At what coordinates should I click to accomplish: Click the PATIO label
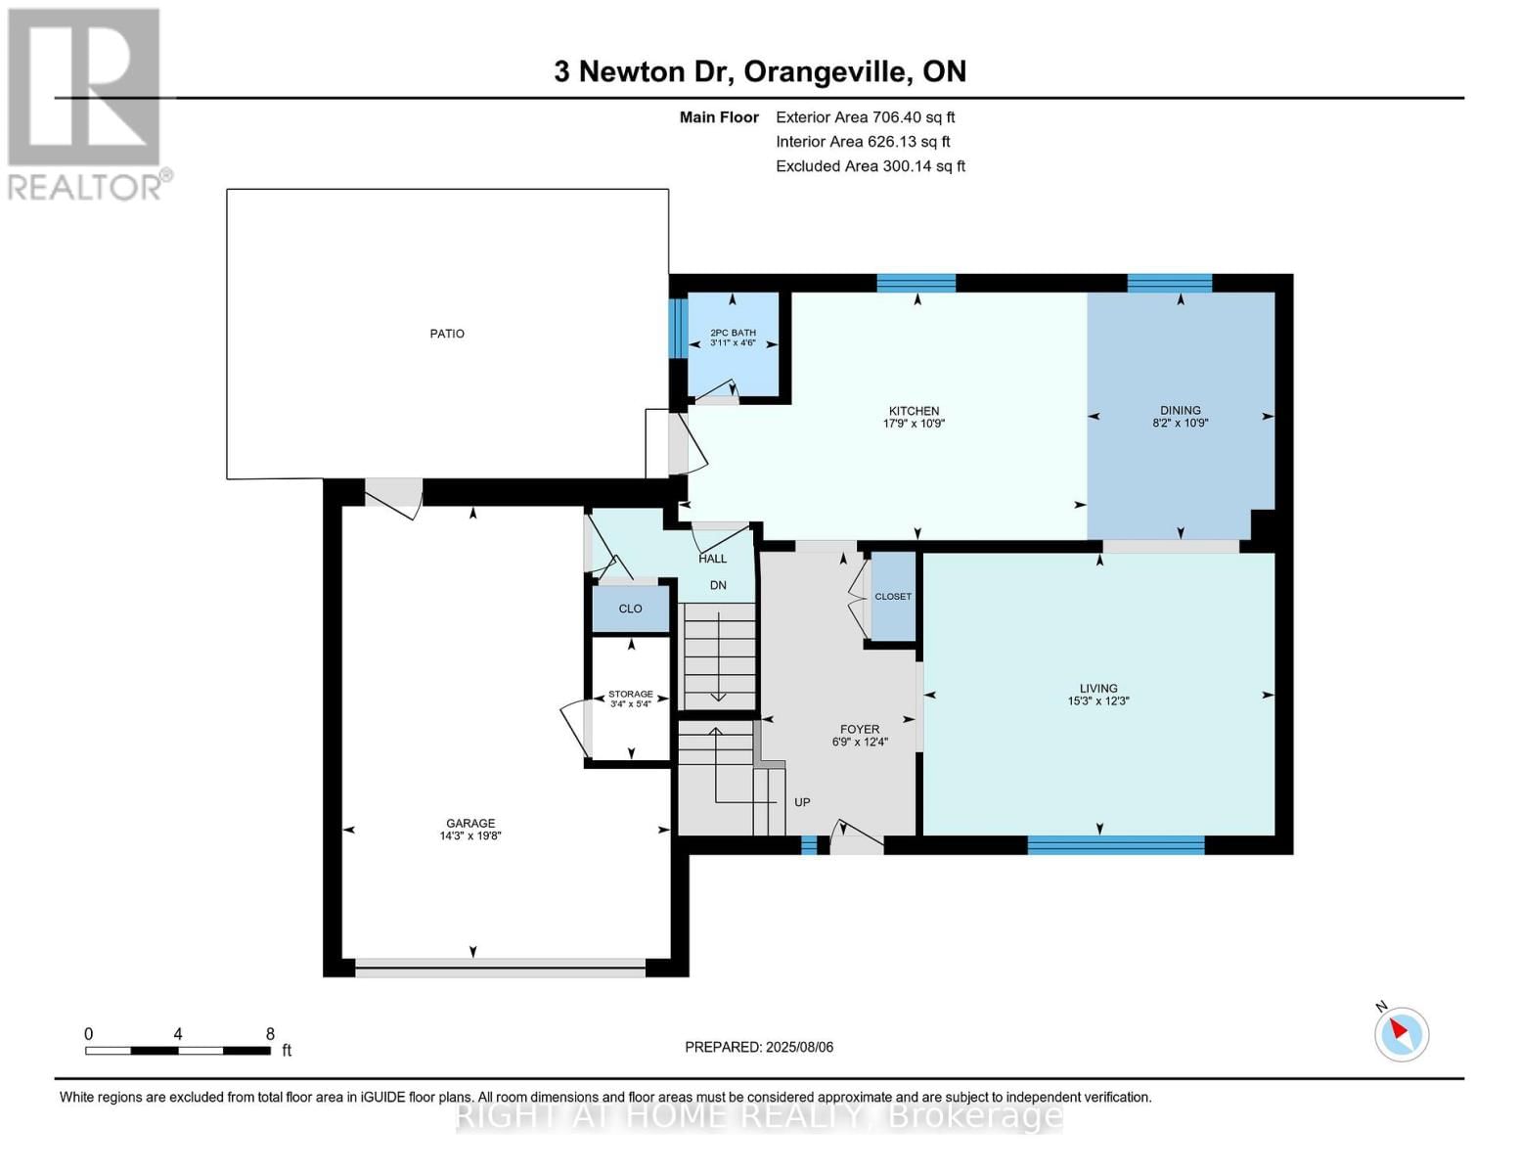447,334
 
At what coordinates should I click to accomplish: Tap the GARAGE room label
470,823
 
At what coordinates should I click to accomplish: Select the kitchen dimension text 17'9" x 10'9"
914,424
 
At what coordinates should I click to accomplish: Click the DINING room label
1180,411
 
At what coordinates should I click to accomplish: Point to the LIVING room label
1098,688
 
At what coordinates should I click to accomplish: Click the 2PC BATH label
733,333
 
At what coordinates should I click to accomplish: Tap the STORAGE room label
630,694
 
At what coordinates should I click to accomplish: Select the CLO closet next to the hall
630,609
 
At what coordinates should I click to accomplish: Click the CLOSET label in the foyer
892,596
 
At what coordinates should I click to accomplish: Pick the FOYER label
860,729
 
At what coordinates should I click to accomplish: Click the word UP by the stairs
802,802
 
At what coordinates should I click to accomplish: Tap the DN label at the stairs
718,585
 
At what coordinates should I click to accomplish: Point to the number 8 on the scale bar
270,1034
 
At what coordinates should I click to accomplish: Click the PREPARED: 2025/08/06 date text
759,1047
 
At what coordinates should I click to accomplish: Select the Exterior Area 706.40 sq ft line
865,116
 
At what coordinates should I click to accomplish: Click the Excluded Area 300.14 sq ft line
870,166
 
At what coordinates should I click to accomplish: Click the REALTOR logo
86,104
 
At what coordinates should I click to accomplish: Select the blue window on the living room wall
1115,845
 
